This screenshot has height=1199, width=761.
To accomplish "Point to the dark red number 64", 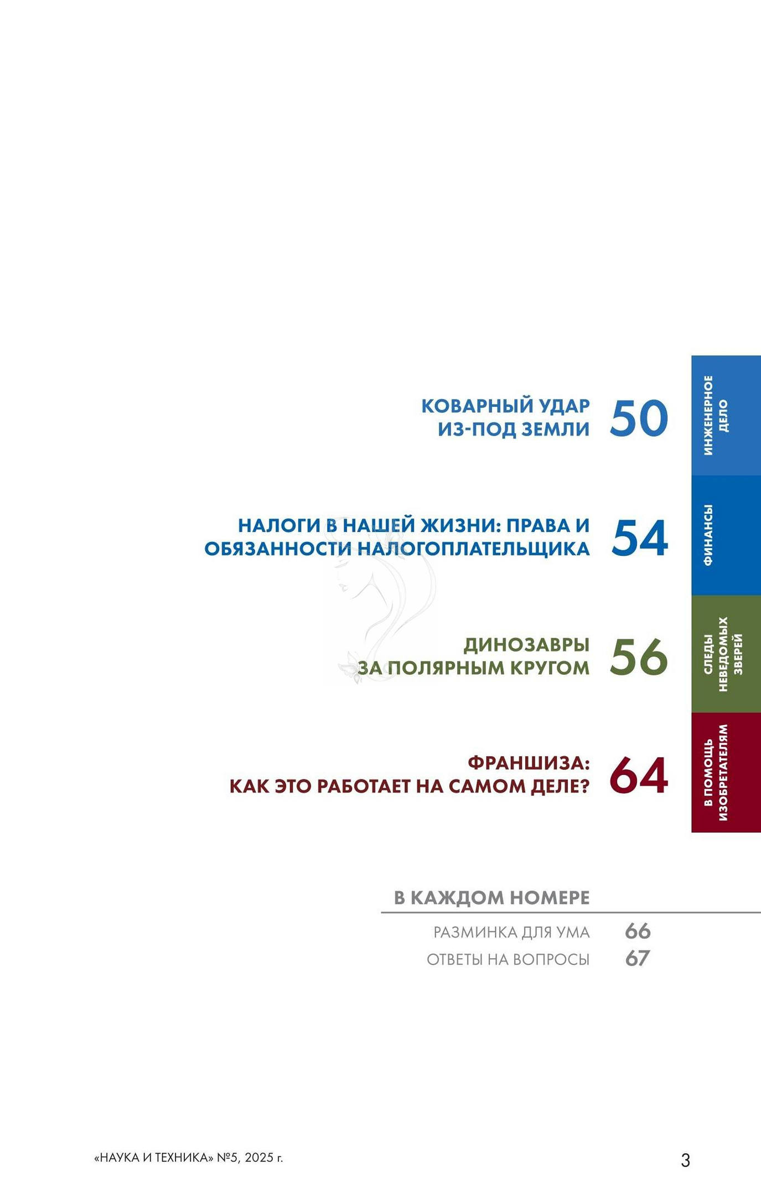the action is [639, 776].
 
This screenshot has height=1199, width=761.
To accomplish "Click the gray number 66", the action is [638, 931].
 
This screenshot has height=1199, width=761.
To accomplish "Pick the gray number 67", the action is [638, 958].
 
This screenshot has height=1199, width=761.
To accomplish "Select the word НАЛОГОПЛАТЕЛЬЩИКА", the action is [473, 549].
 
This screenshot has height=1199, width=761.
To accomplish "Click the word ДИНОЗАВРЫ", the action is [526, 645].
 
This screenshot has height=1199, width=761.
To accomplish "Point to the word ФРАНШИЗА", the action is [529, 763].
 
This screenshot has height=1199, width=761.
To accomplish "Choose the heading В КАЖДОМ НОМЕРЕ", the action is [492, 897].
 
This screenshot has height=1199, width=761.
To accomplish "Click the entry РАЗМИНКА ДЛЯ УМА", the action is [511, 932].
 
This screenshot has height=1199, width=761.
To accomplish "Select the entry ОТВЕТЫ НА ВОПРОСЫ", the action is [508, 959].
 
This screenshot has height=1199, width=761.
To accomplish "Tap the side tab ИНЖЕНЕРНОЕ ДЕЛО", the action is [726, 416].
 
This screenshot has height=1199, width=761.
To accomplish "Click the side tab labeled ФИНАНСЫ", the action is [726, 535].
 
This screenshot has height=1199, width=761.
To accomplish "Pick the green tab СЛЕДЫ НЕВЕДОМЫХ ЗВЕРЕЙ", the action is [726, 654].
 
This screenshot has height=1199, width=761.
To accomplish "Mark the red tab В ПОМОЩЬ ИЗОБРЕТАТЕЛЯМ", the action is [726, 773].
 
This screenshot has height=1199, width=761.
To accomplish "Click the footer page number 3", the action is [685, 1160].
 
